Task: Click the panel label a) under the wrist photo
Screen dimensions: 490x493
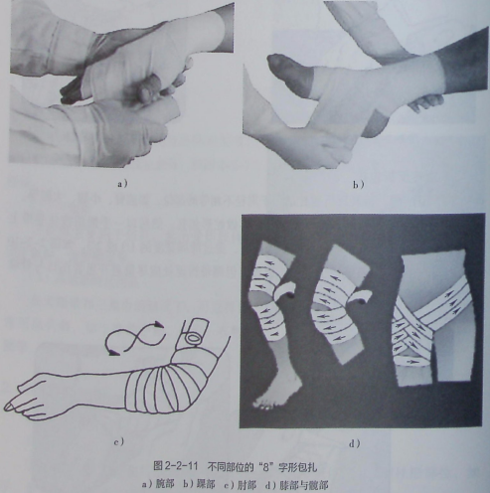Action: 122,183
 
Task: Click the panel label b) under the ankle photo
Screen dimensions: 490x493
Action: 358,185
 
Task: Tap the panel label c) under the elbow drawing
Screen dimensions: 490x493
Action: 118,441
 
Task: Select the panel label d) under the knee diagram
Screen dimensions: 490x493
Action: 354,443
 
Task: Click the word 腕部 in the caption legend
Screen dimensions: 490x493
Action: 165,485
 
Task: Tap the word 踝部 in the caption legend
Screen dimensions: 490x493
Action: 206,485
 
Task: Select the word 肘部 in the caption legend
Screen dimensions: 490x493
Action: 246,485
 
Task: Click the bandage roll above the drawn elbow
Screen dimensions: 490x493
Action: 196,332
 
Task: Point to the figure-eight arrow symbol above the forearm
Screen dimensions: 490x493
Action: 135,337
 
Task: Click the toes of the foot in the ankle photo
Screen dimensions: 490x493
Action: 277,62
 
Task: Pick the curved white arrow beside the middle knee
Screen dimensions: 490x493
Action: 359,297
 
